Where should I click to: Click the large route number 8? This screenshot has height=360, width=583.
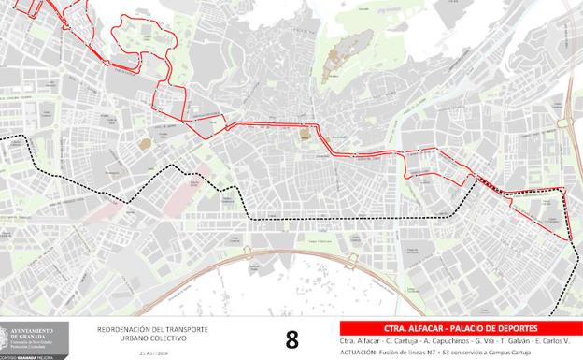pyautogui.click(x=291, y=338)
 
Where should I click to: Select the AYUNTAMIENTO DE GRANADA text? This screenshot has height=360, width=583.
pyautogui.click(x=44, y=330)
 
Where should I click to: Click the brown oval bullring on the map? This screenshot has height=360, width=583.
pyautogui.click(x=145, y=143)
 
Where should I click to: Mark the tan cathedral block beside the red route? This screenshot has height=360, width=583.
pyautogui.click(x=304, y=136)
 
